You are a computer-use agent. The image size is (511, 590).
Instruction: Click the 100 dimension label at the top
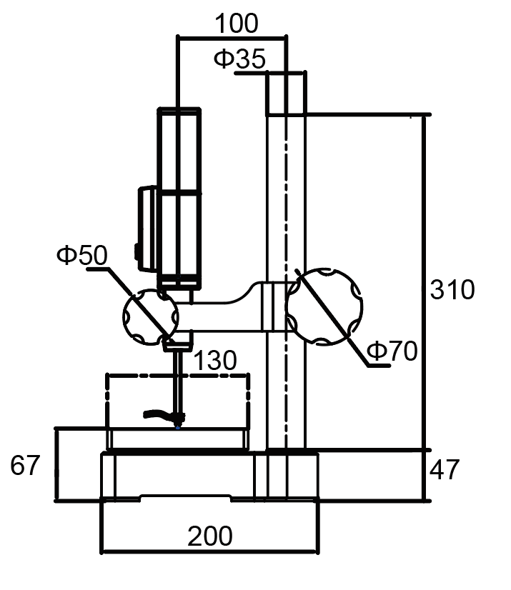tap(237, 24)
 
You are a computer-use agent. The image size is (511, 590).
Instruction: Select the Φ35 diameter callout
tap(240, 59)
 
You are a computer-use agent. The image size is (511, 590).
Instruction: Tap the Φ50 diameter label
tap(82, 255)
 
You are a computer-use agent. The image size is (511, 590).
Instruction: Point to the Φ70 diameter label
tap(392, 351)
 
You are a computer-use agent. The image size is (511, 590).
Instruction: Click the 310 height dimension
tap(452, 290)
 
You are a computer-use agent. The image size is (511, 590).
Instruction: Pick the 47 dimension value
tap(445, 469)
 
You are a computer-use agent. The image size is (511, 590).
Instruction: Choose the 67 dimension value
tap(25, 466)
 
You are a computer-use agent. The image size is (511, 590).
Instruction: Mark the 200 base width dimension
tap(209, 536)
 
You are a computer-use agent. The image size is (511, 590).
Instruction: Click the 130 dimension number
tap(214, 360)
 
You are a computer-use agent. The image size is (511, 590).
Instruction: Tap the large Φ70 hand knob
tap(324, 306)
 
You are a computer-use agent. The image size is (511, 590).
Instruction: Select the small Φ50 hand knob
tap(151, 317)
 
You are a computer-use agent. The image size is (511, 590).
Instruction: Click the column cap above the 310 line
tap(286, 94)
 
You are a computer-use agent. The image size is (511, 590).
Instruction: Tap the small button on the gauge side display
tap(137, 251)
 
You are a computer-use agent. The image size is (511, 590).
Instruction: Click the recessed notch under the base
tap(185, 498)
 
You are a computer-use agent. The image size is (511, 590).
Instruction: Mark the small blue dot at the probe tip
tap(178, 427)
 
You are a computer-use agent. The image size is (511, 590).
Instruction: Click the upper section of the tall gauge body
tap(179, 150)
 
